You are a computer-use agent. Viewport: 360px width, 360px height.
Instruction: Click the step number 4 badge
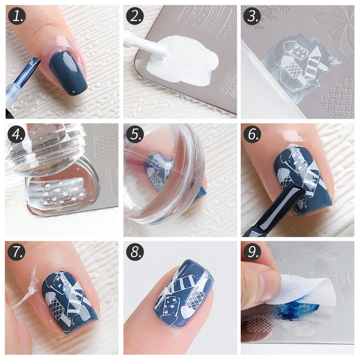pyautogui.click(x=17, y=135)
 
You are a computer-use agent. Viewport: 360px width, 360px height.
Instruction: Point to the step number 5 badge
pyautogui.click(x=135, y=135)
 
